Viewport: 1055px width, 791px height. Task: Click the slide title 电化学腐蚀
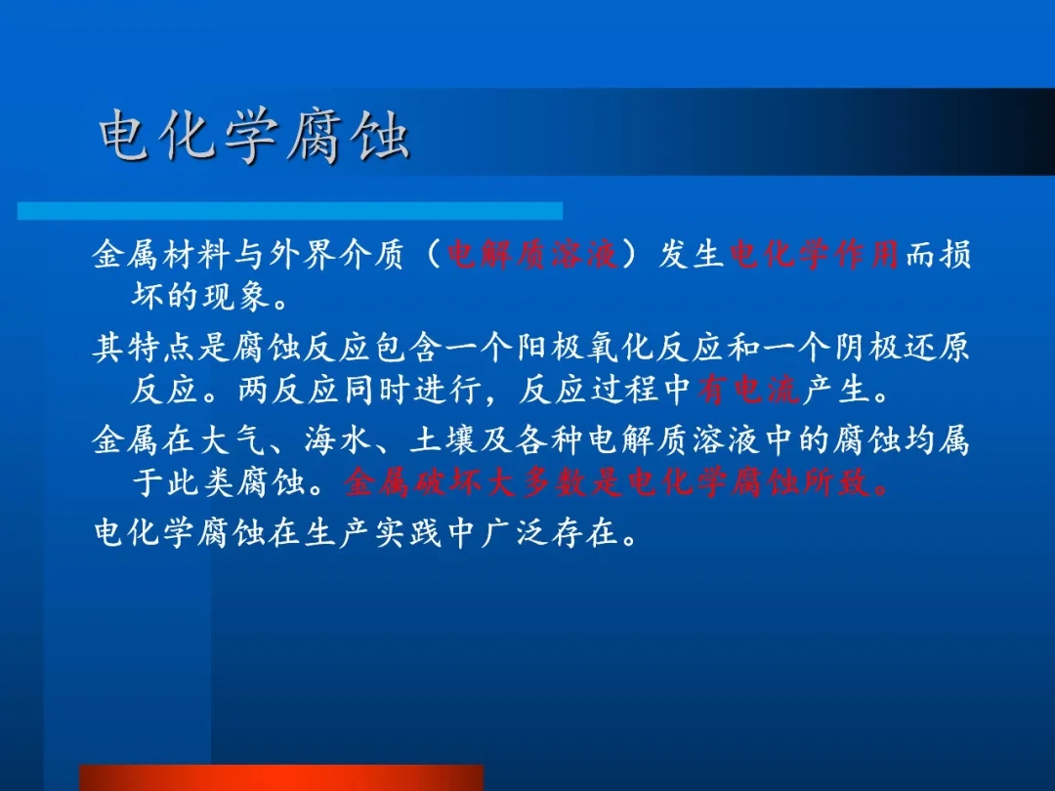(x=254, y=137)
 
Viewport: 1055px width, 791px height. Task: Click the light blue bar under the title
(x=290, y=211)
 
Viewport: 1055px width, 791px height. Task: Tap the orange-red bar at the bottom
(x=282, y=777)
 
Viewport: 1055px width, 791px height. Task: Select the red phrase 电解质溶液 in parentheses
(x=532, y=255)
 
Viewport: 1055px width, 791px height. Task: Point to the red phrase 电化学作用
(x=814, y=255)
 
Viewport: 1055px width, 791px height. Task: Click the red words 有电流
(x=749, y=389)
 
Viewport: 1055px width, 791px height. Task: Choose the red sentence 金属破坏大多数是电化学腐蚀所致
(x=617, y=481)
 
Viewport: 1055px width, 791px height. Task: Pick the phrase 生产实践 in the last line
(x=373, y=533)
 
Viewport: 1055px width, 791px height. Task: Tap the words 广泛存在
(x=549, y=533)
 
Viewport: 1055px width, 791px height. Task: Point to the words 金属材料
(x=160, y=255)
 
